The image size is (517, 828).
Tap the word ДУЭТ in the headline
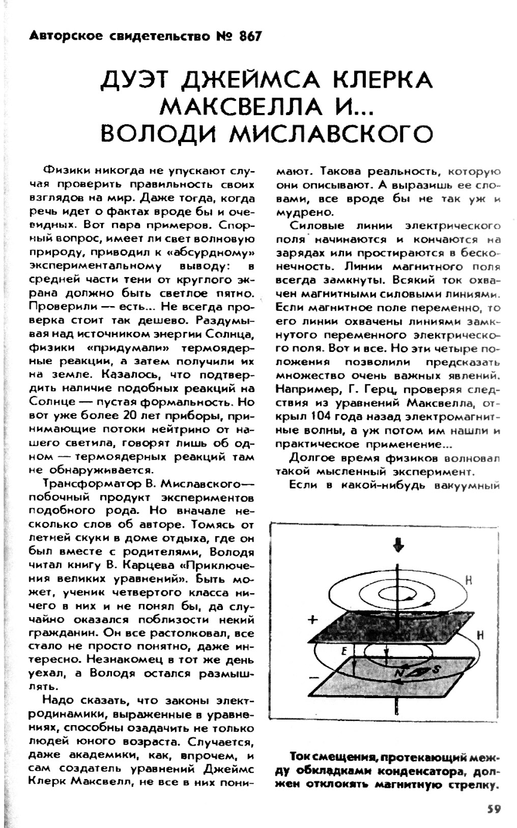[136, 80]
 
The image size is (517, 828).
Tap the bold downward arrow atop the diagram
[398, 546]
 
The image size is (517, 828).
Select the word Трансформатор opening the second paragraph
[83, 482]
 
